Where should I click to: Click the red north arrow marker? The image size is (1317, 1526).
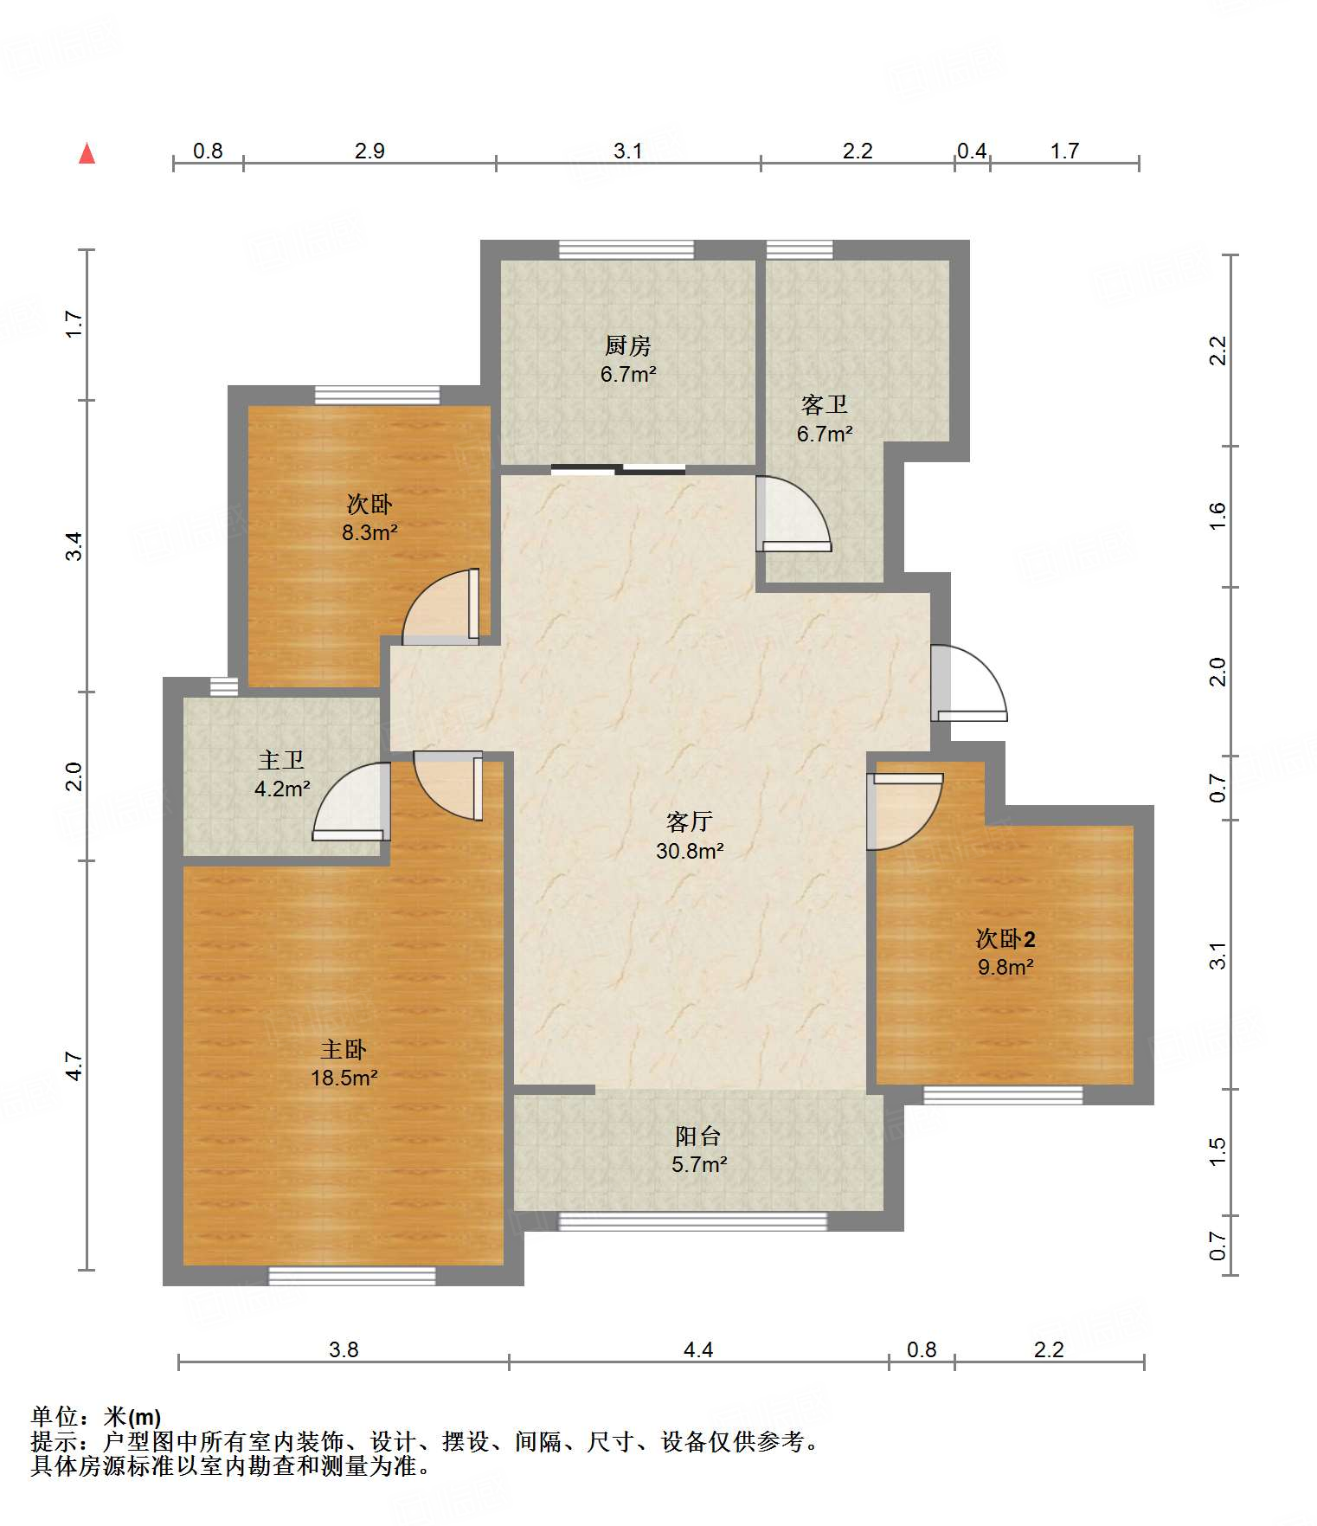[x=87, y=153]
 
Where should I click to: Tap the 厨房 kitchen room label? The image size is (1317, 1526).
[x=627, y=345]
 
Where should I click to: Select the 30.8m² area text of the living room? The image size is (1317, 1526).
[x=690, y=851]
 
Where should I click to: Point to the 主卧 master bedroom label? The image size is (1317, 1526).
[x=344, y=1049]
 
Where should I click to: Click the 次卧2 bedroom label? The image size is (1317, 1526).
[x=1005, y=938]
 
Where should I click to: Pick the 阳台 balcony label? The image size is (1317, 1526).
[x=698, y=1136]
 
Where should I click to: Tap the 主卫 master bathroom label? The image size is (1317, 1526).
[x=281, y=760]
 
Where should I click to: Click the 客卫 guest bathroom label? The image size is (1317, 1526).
[x=824, y=404]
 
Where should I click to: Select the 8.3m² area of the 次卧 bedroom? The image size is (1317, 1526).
[x=369, y=532]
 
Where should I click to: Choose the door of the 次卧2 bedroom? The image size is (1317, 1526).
[x=905, y=811]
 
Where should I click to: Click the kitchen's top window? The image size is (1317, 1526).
[x=626, y=249]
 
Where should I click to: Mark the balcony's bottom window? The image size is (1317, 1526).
[x=693, y=1221]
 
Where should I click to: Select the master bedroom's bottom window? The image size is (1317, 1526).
[x=352, y=1276]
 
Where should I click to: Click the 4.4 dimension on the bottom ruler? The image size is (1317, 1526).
[x=698, y=1349]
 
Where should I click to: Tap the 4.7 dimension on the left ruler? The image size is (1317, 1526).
[x=74, y=1066]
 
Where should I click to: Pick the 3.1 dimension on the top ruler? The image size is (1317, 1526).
[x=628, y=151]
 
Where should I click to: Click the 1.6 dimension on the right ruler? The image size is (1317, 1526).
[x=1217, y=516]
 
